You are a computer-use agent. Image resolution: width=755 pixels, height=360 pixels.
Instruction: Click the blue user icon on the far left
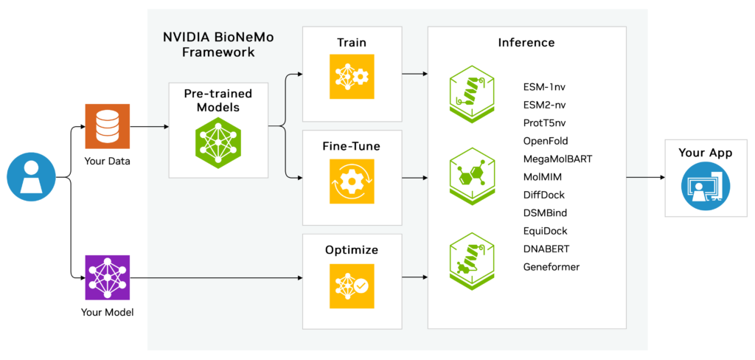[x=31, y=177]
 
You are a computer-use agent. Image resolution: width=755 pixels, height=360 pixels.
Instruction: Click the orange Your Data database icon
[x=108, y=127]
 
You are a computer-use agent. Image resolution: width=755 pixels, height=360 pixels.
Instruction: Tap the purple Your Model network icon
[x=108, y=277]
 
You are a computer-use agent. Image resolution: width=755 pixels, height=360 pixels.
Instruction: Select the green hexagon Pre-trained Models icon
[x=218, y=143]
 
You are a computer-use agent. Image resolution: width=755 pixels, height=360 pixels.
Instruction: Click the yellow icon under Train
[x=352, y=77]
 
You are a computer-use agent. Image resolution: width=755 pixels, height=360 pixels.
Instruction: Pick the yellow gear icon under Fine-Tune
[x=352, y=181]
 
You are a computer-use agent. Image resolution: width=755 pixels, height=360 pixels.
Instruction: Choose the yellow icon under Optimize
[x=352, y=285]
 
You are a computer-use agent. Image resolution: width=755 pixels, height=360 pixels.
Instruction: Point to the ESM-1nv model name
[x=545, y=88]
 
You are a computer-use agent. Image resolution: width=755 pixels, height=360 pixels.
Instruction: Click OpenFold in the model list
[x=546, y=141]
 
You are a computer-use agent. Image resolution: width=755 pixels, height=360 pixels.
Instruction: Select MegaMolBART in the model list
[x=557, y=159]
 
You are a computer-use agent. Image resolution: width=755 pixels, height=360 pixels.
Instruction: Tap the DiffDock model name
[x=544, y=195]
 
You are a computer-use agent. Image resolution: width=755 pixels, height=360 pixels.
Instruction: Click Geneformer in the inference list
[x=552, y=266]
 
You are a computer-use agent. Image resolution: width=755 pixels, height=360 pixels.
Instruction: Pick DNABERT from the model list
[x=546, y=249]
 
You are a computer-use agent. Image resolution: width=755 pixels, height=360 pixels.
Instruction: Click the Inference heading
[x=526, y=42]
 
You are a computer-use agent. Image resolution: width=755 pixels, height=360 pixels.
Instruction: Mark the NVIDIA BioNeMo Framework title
[x=218, y=44]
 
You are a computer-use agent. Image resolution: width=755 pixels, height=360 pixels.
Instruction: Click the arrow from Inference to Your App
[x=646, y=177]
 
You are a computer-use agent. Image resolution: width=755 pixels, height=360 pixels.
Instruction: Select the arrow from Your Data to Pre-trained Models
[x=150, y=127]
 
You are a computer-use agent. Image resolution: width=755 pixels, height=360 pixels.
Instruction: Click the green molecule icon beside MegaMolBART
[x=472, y=178]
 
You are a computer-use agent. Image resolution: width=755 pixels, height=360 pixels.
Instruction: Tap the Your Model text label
[x=108, y=312]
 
